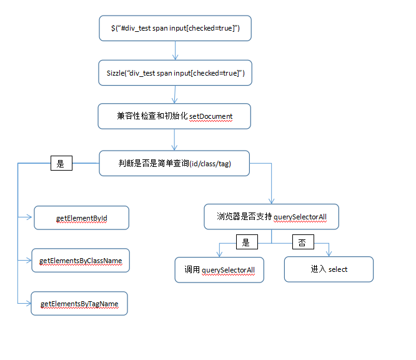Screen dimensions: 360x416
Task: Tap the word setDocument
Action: tap(210, 116)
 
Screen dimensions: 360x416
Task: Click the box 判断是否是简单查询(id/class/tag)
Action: tap(174, 163)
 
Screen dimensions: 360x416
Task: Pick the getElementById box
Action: tap(81, 218)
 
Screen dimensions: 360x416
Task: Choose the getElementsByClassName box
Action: tap(81, 260)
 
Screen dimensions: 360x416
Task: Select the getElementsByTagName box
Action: tap(79, 304)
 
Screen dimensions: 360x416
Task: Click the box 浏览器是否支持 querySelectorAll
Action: tap(272, 217)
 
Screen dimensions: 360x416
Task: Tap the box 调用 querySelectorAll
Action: tap(219, 269)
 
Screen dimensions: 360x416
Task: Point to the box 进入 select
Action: tap(329, 269)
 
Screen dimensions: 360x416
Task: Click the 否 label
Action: tap(302, 242)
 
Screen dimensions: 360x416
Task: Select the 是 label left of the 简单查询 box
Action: tap(61, 164)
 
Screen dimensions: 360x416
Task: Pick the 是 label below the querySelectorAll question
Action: tap(245, 242)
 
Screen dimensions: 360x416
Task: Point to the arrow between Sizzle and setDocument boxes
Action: tap(175, 94)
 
